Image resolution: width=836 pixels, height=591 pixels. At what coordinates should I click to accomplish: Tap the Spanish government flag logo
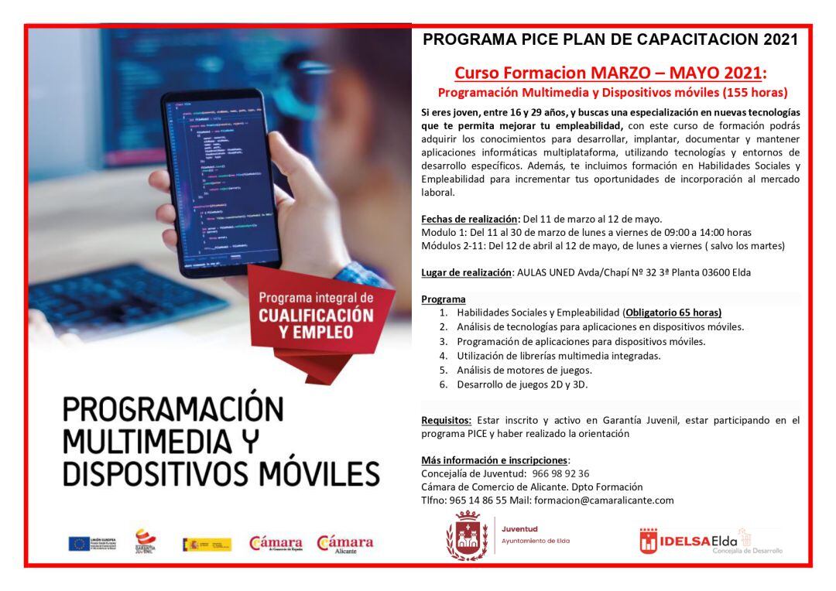tap(207, 544)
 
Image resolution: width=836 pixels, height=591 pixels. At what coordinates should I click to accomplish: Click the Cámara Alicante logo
tap(344, 543)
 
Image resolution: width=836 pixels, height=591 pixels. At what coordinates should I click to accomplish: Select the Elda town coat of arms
tap(466, 535)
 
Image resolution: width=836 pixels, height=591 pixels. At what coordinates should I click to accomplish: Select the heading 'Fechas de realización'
tap(471, 218)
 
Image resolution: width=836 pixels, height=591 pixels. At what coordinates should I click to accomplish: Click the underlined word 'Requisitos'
tap(446, 420)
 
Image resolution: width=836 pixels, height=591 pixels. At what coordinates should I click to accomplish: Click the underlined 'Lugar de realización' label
tap(466, 272)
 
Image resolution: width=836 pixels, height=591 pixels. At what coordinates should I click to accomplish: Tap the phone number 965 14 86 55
tap(479, 500)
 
